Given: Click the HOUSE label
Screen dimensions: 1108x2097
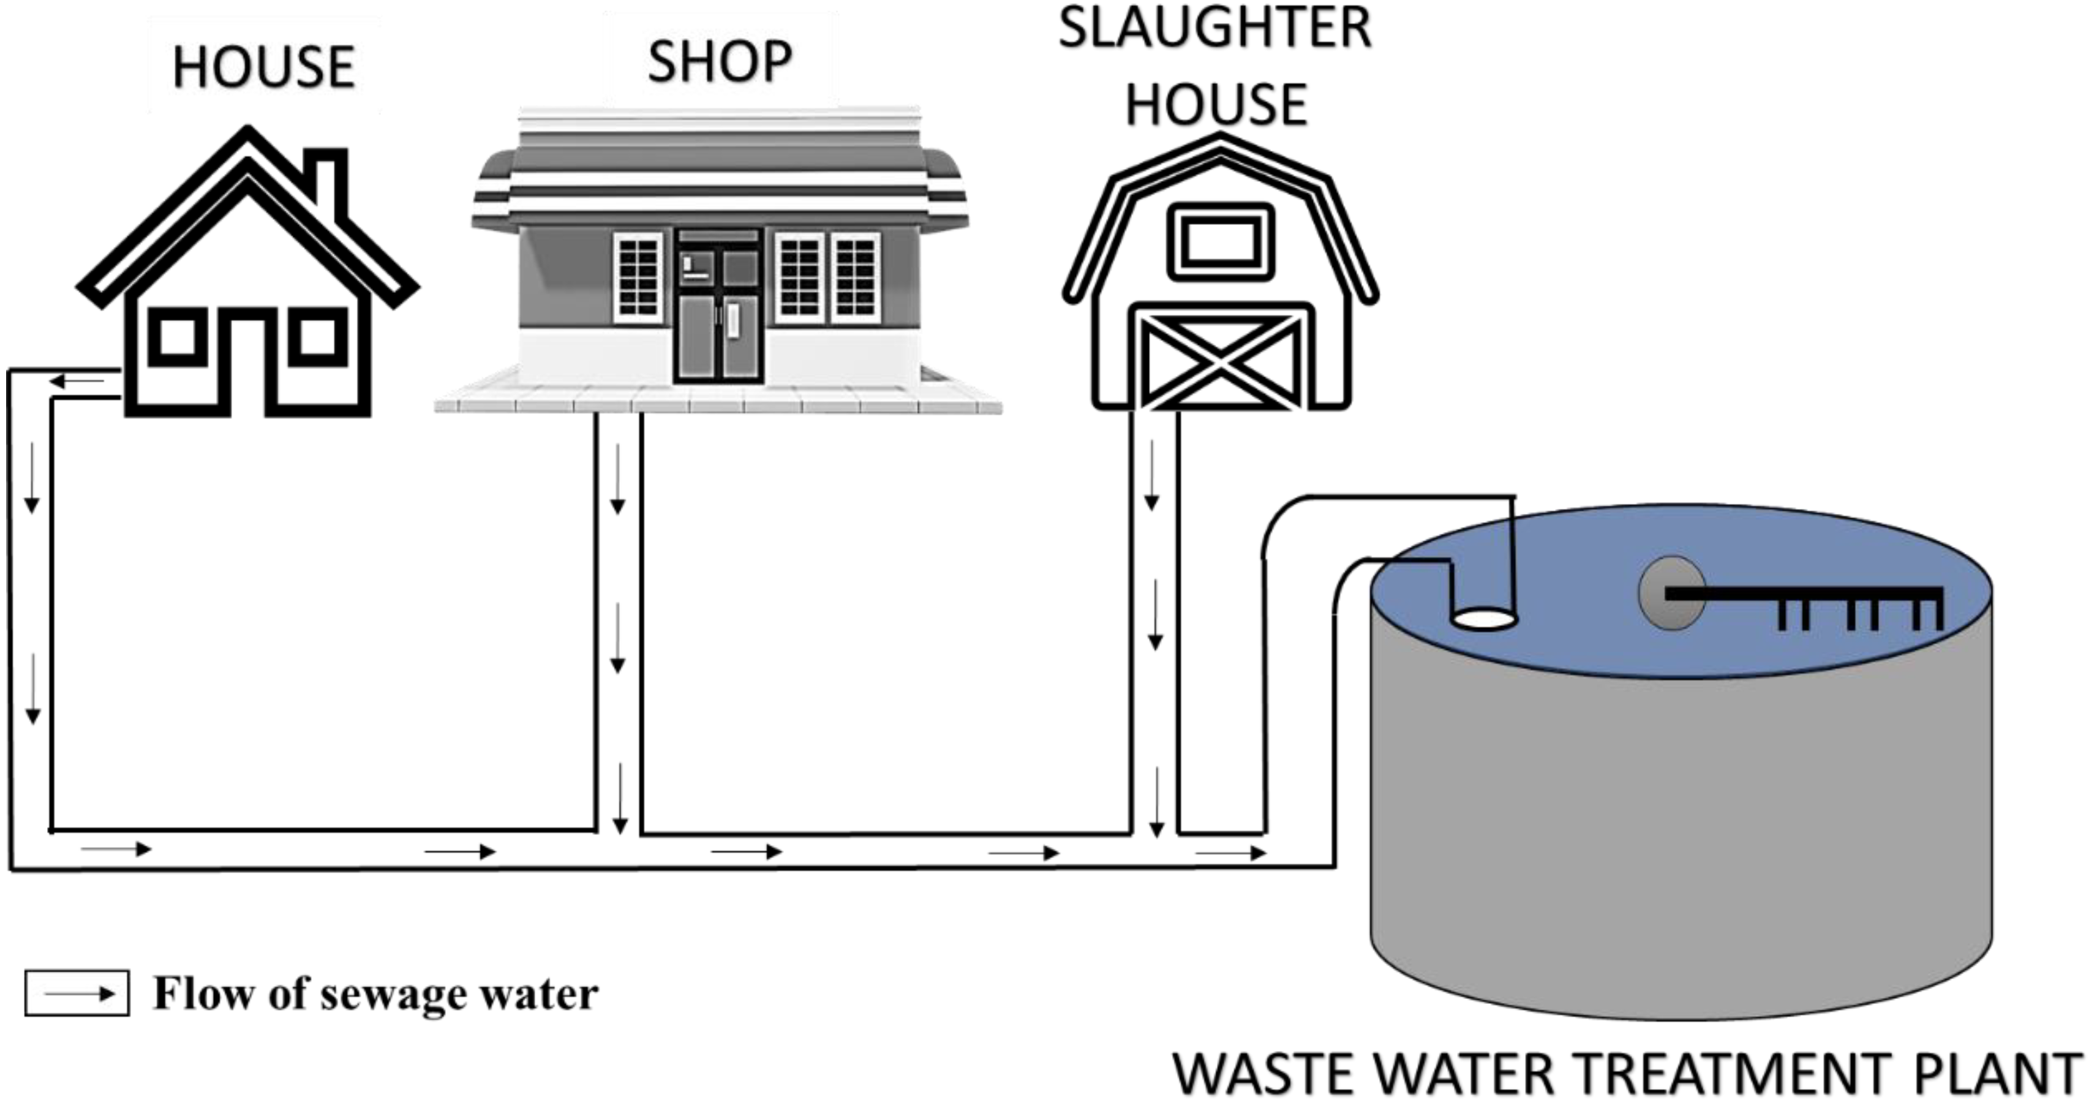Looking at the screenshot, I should coord(263,67).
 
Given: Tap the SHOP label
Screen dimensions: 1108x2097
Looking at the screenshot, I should coord(720,62).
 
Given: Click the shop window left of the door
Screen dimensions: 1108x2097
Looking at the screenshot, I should coord(638,277).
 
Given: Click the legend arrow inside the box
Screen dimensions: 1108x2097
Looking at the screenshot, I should coord(78,993).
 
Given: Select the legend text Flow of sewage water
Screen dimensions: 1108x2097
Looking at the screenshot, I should coord(376,994).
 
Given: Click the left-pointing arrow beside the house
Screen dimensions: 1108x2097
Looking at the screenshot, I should coord(77,381).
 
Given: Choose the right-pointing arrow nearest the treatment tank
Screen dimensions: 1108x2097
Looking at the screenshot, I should coord(1231,853).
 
